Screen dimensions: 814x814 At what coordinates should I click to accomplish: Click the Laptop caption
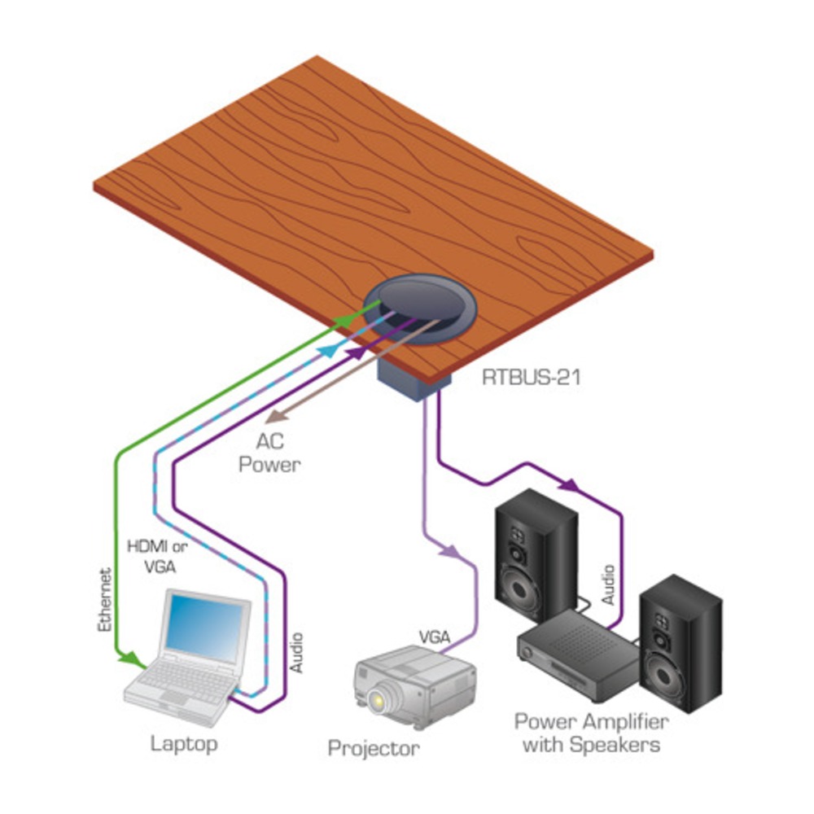click(x=184, y=743)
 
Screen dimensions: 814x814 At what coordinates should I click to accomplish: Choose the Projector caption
click(x=374, y=747)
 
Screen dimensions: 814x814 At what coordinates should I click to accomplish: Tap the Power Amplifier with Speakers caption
click(x=591, y=733)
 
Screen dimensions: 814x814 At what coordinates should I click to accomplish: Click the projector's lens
click(x=377, y=698)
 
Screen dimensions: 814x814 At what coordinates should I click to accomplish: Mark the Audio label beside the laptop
click(x=296, y=651)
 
